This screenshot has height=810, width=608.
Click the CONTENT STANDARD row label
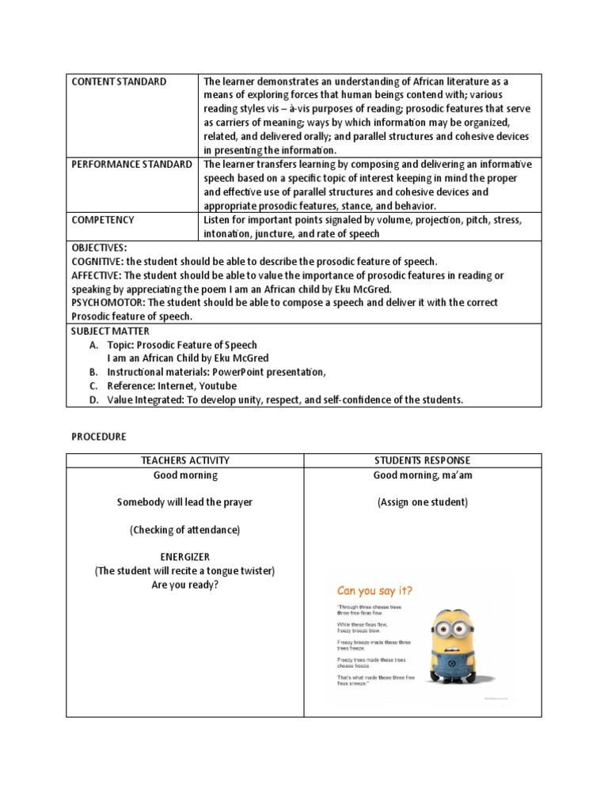click(119, 81)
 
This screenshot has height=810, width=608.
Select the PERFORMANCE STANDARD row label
click(131, 165)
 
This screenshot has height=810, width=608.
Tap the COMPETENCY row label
click(103, 220)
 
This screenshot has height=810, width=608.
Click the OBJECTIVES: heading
click(98, 248)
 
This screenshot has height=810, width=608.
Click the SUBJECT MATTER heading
click(110, 331)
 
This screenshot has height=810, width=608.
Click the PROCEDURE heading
click(99, 436)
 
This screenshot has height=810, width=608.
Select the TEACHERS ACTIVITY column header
click(185, 460)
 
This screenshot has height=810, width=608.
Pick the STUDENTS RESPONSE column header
click(423, 460)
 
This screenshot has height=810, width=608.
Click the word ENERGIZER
click(185, 557)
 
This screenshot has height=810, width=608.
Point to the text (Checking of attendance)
click(185, 529)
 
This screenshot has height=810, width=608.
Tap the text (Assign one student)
click(423, 502)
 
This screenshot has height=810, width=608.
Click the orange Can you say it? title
click(375, 589)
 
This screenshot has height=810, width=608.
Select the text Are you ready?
click(185, 585)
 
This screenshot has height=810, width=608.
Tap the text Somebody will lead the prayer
click(185, 502)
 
